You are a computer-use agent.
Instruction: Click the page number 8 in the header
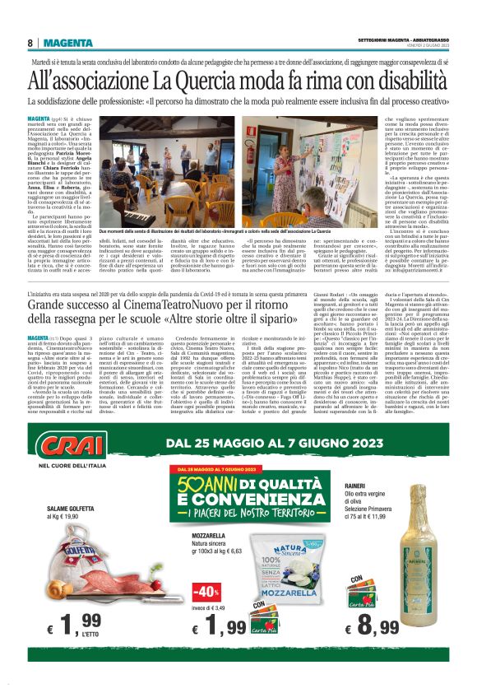pyautogui.click(x=30, y=43)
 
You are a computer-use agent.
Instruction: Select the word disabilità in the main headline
pyautogui.click(x=402, y=80)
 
